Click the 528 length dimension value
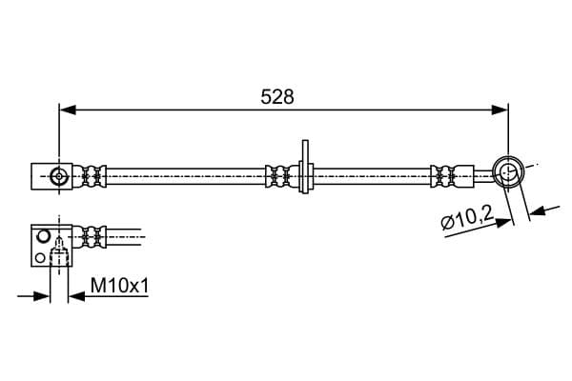pos(277,97)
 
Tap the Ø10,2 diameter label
pos(467,218)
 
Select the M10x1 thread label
pos(120,286)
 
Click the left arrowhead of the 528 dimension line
pos(68,110)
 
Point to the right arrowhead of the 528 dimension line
pos(500,110)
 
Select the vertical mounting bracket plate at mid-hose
pos(305,167)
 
